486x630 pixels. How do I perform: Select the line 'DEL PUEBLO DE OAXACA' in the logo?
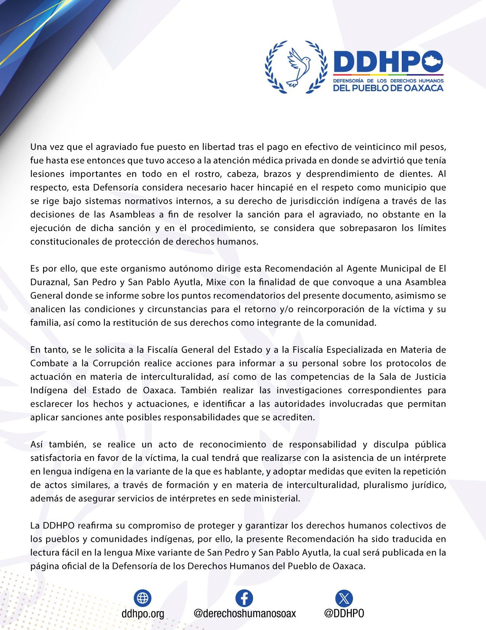(388, 88)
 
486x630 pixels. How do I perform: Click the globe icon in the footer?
(143, 598)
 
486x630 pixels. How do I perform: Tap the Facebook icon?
(244, 598)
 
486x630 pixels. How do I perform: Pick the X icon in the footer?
(344, 598)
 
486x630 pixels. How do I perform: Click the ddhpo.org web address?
(143, 614)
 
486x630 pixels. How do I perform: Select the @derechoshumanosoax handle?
(245, 613)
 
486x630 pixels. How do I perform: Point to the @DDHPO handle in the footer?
(344, 613)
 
